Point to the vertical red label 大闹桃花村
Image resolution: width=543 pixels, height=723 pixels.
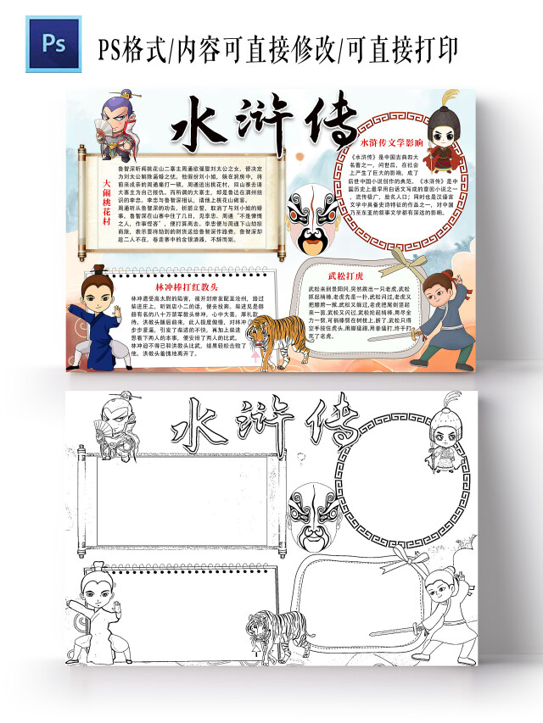(106, 201)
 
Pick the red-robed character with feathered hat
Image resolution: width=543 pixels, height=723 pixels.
(443, 136)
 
